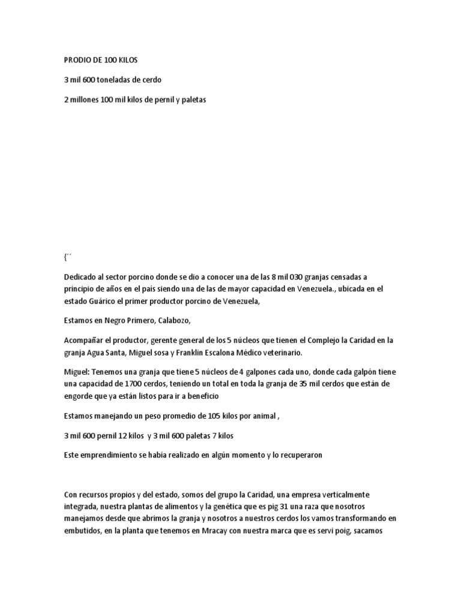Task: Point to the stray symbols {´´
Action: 67,258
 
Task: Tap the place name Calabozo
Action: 174,321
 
